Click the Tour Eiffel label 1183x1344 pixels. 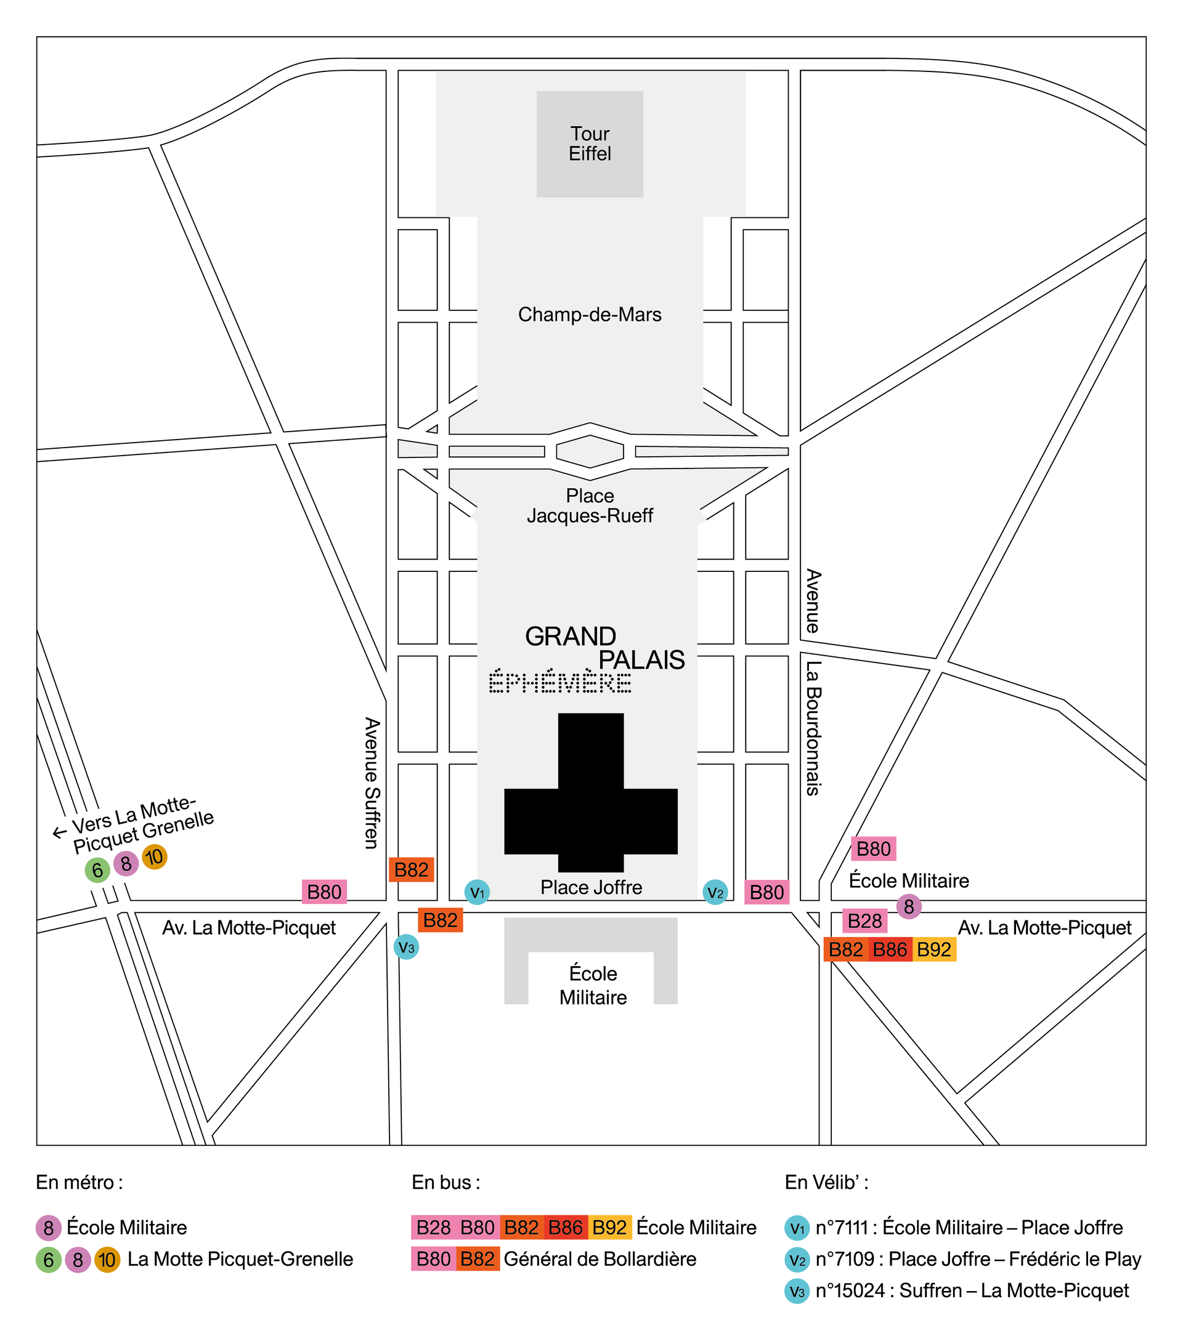tap(590, 143)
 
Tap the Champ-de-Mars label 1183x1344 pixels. tap(590, 315)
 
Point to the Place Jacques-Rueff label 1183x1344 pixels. tap(590, 505)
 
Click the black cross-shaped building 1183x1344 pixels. tap(590, 792)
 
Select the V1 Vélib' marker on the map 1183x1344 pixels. tap(477, 892)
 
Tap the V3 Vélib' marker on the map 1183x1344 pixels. tap(407, 947)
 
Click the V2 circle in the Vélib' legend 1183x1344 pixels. tap(797, 1259)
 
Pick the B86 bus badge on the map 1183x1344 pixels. tap(890, 949)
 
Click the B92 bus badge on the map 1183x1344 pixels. tap(934, 949)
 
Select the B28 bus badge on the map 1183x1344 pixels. tap(864, 920)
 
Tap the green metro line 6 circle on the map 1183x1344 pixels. tap(97, 870)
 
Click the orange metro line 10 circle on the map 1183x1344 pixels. tap(155, 857)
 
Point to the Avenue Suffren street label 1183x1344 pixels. tap(372, 783)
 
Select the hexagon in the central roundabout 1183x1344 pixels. tap(590, 451)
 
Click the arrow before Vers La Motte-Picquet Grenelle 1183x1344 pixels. tap(59, 832)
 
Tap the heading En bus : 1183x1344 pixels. tap(445, 1182)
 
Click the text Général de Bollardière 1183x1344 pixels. tap(600, 1259)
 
